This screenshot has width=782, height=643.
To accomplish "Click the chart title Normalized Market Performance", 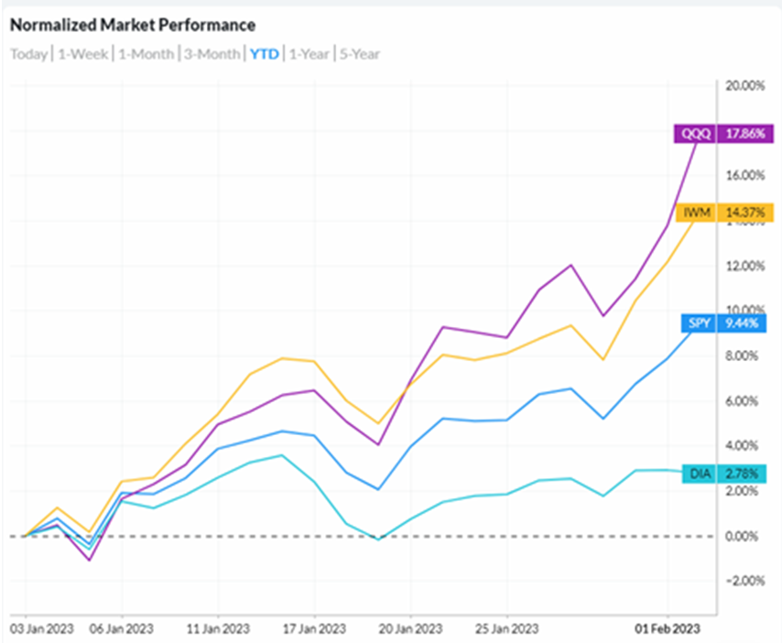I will (133, 25).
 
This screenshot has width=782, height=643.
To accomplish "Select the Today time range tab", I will (28, 54).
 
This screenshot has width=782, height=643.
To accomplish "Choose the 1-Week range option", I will (83, 54).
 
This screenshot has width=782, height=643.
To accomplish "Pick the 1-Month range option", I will (146, 54).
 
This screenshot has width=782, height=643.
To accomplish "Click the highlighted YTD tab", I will (265, 54).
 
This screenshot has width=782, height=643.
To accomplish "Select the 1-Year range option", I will (310, 54).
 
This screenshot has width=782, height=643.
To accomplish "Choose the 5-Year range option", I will (360, 54).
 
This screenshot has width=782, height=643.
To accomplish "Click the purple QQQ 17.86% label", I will (723, 134).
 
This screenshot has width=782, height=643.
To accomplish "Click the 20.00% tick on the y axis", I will (744, 86).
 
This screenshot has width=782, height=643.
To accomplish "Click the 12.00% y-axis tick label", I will (744, 267).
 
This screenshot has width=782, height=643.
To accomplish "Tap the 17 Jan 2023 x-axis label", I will (314, 630).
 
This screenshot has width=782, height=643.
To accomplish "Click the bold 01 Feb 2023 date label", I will (668, 630).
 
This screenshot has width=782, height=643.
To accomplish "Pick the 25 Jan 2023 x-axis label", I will (506, 630).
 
